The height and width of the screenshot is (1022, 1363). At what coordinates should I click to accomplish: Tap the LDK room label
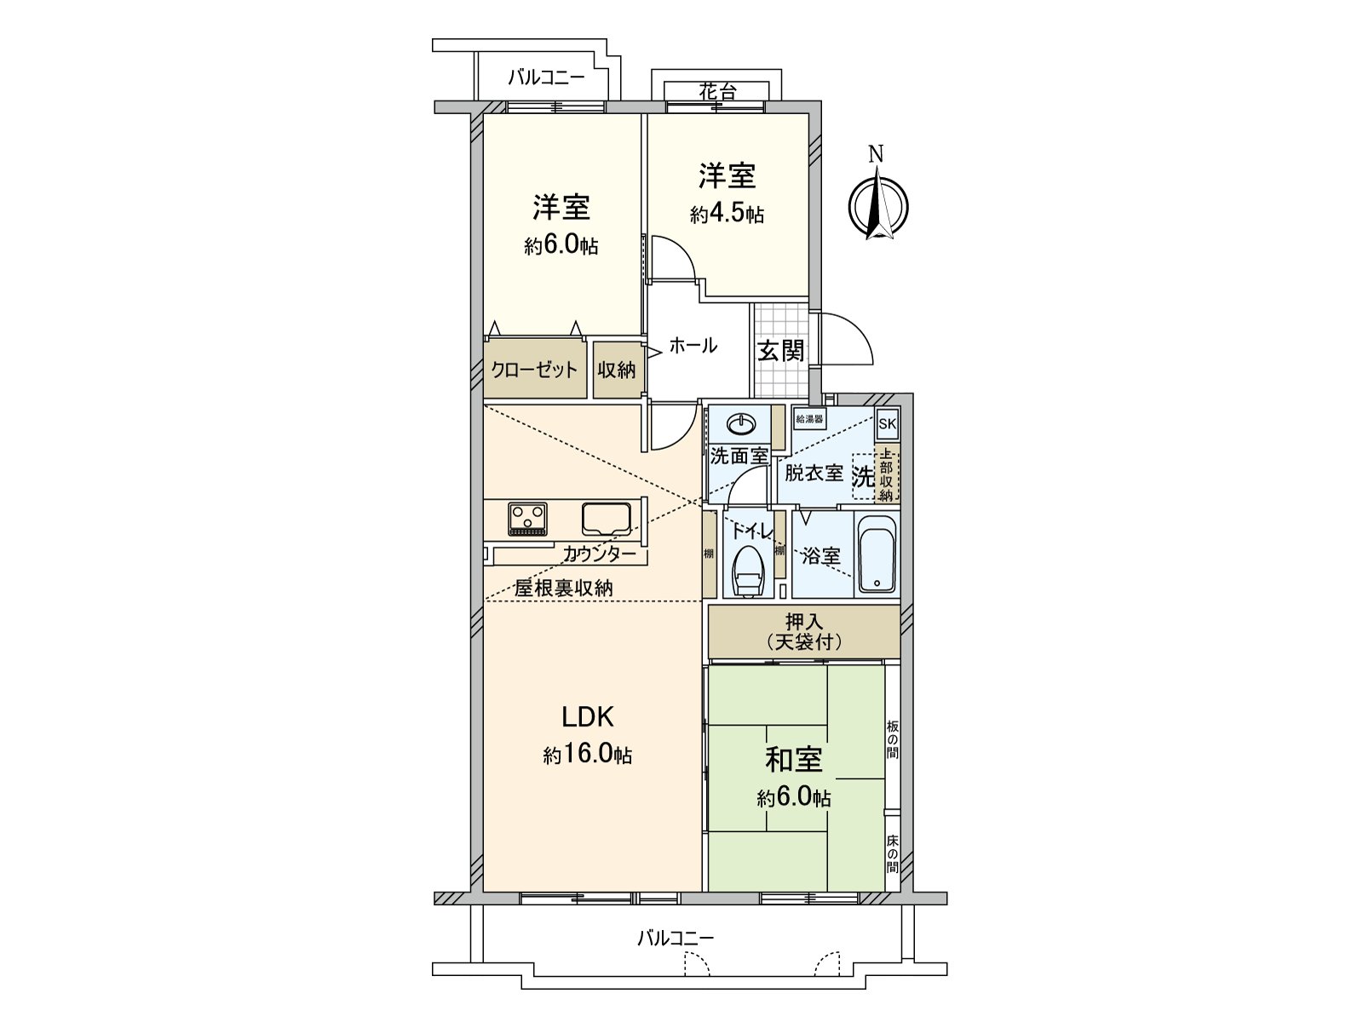tap(588, 717)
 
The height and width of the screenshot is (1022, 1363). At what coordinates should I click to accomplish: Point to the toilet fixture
tap(748, 570)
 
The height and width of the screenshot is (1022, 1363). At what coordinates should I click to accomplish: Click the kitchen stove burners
tap(528, 519)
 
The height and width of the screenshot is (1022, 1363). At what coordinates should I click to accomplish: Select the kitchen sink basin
tap(607, 518)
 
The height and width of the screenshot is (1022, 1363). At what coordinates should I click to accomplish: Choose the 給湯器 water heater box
tap(809, 419)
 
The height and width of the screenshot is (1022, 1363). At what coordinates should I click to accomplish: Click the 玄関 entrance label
tap(780, 350)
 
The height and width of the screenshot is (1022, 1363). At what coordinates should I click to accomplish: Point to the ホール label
tap(693, 346)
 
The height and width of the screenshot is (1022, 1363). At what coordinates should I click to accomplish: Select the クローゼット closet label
tap(534, 370)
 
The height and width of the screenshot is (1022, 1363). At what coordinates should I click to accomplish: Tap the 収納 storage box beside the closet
tap(616, 370)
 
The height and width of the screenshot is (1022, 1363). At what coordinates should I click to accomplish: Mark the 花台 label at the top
tap(716, 91)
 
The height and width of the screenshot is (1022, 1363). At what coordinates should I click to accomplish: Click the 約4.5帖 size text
tap(727, 214)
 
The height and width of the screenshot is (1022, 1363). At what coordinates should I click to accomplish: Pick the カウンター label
tap(599, 554)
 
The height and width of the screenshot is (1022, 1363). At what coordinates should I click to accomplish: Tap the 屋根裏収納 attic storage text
tap(564, 588)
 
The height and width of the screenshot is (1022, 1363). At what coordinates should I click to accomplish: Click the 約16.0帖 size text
tap(588, 755)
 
